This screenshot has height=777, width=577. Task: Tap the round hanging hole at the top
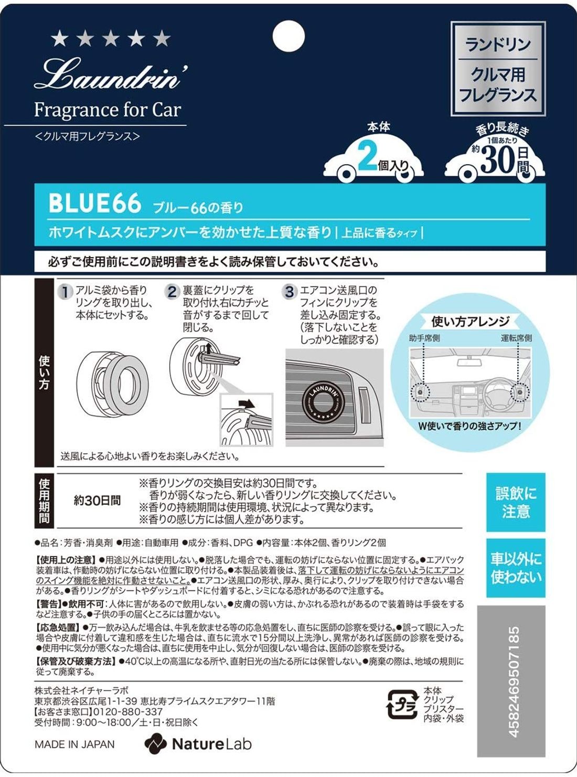coord(288,35)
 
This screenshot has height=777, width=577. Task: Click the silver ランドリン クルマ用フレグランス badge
coord(498,69)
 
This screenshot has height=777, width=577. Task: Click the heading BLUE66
coord(95,204)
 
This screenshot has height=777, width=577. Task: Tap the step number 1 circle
coord(65,292)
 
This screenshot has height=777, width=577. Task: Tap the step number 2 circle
coord(172,292)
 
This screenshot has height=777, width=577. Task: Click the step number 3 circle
coord(289,292)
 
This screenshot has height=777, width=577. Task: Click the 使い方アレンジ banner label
coord(470,321)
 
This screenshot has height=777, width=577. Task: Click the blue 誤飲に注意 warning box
coord(516,502)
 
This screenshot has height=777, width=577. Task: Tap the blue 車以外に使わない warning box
coord(516,568)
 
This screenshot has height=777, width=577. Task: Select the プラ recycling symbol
coord(402,704)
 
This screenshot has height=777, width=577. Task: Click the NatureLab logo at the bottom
coord(198,744)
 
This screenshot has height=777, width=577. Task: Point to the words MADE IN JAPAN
coord(74,744)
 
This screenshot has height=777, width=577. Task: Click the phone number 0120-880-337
coord(128,712)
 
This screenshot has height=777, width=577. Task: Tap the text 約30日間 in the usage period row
coord(97,501)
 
